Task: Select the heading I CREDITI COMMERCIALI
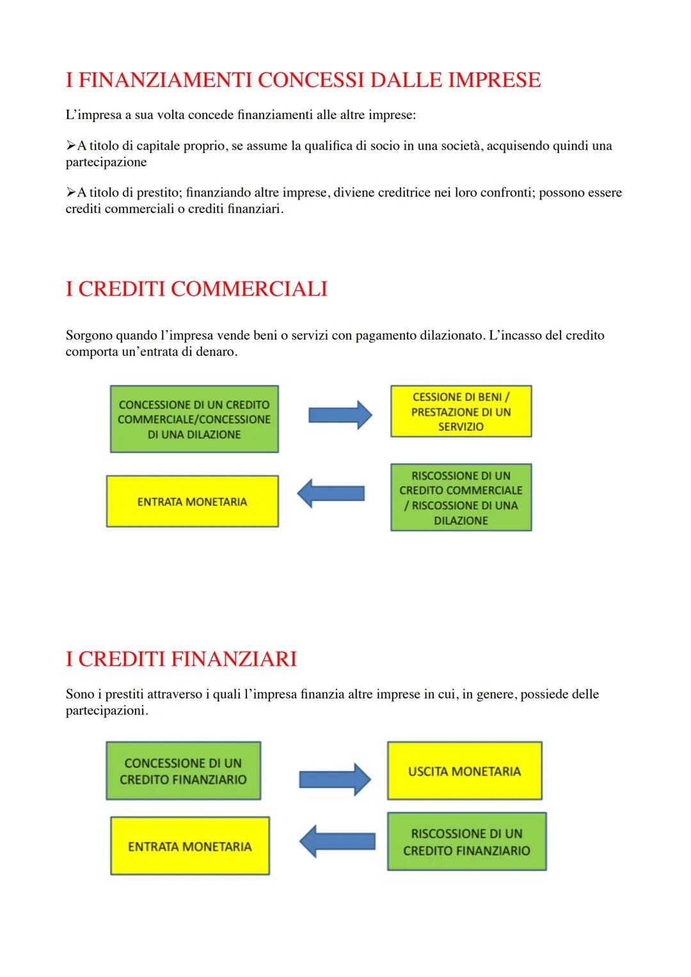coord(196,289)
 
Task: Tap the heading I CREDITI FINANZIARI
coord(181,659)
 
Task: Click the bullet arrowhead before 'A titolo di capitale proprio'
coord(70,146)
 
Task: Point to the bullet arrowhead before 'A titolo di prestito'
coord(70,193)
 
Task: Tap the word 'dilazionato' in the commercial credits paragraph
coord(449,335)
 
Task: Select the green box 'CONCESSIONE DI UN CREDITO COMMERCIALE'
coord(194,419)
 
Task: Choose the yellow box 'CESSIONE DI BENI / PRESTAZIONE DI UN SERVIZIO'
coord(461,411)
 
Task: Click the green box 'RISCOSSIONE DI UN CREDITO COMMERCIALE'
coord(461,498)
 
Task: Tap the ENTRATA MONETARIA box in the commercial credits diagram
coord(192,502)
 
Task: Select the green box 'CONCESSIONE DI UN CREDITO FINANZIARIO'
coord(183,771)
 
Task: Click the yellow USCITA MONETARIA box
coord(465,771)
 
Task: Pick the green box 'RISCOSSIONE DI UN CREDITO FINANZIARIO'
coord(466,841)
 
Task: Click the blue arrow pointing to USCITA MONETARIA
coord(335,779)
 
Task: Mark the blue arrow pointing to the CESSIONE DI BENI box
coord(340,415)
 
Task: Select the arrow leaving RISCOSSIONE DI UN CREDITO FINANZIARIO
coord(337,841)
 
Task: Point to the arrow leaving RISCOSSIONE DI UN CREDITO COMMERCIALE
coord(331,493)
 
